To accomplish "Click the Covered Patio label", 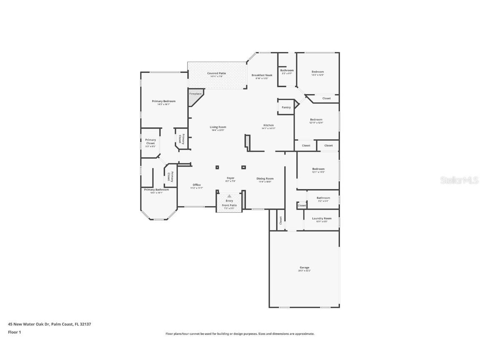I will coord(217,73).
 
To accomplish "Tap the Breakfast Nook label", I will coord(262,75).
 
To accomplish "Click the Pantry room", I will coord(286,107).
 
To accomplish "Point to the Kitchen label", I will coord(268,125).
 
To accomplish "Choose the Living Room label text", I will coord(217,127).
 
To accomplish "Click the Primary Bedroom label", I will coord(163,101).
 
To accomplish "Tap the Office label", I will coord(197,185).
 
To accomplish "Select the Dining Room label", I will coord(265,179).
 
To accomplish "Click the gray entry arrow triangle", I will coord(229,196).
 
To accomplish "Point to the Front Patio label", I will coord(229,205).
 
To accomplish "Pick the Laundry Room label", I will coord(322,218).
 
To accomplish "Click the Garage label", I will coord(304,267).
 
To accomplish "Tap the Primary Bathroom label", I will coord(156,190).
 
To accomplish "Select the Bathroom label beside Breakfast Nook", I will coord(287,70).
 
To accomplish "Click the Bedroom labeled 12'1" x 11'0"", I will coord(318,169).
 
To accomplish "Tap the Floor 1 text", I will coord(14,332).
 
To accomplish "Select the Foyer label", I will coord(230,178).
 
